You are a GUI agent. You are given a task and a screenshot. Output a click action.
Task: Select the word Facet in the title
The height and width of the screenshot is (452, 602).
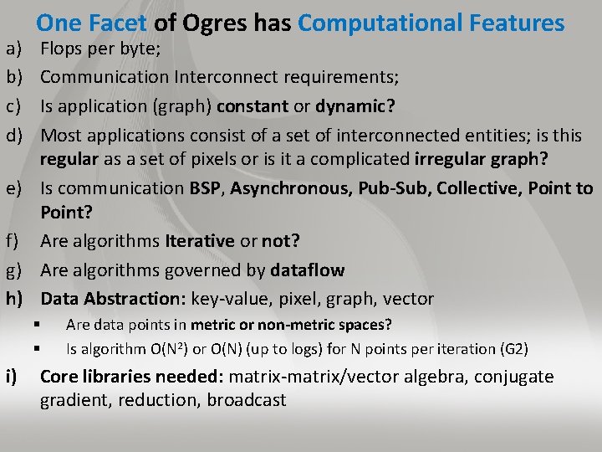coord(117,23)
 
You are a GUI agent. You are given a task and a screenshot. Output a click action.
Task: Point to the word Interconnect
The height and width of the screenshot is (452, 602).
coord(226,78)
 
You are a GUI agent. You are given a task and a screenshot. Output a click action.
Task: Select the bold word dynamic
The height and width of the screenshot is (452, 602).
coord(355,106)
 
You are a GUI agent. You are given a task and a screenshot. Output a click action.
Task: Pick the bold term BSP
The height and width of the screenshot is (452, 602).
coord(206,188)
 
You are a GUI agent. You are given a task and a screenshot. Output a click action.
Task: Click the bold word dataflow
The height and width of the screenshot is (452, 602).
coord(307,270)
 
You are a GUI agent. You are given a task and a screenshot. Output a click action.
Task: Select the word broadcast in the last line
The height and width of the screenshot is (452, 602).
coord(247,400)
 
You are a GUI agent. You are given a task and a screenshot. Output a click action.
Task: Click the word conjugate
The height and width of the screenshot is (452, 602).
coord(513,377)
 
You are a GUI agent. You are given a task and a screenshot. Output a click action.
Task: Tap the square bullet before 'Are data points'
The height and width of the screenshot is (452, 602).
coord(37,324)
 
